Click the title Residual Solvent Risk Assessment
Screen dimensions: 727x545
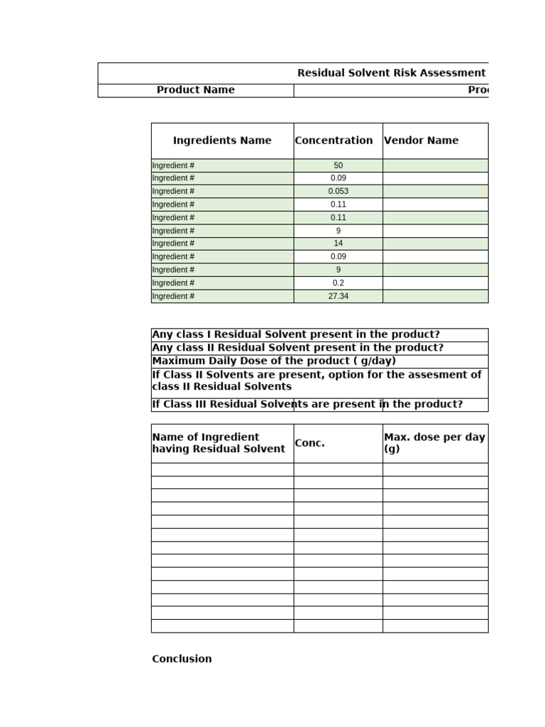point(391,73)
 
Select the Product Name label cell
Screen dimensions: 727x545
point(195,90)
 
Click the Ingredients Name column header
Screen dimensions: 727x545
point(222,141)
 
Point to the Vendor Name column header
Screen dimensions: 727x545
point(421,141)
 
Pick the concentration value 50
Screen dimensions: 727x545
point(338,165)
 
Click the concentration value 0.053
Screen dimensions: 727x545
point(338,192)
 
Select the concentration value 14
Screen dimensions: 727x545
point(338,244)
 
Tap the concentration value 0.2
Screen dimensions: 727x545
point(338,283)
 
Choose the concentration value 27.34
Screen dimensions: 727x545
point(338,296)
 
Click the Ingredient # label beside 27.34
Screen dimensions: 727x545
point(173,296)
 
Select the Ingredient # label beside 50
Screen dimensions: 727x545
point(173,165)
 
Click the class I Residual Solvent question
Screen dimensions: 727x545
point(296,334)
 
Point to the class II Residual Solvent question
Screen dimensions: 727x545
point(298,348)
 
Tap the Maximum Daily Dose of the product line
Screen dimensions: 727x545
point(274,361)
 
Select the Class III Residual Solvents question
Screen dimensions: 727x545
point(307,405)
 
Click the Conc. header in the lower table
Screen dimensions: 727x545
point(309,443)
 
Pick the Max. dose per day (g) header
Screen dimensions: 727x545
point(434,443)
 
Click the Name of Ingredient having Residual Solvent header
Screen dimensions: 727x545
point(219,443)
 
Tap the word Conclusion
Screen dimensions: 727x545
point(182,659)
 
